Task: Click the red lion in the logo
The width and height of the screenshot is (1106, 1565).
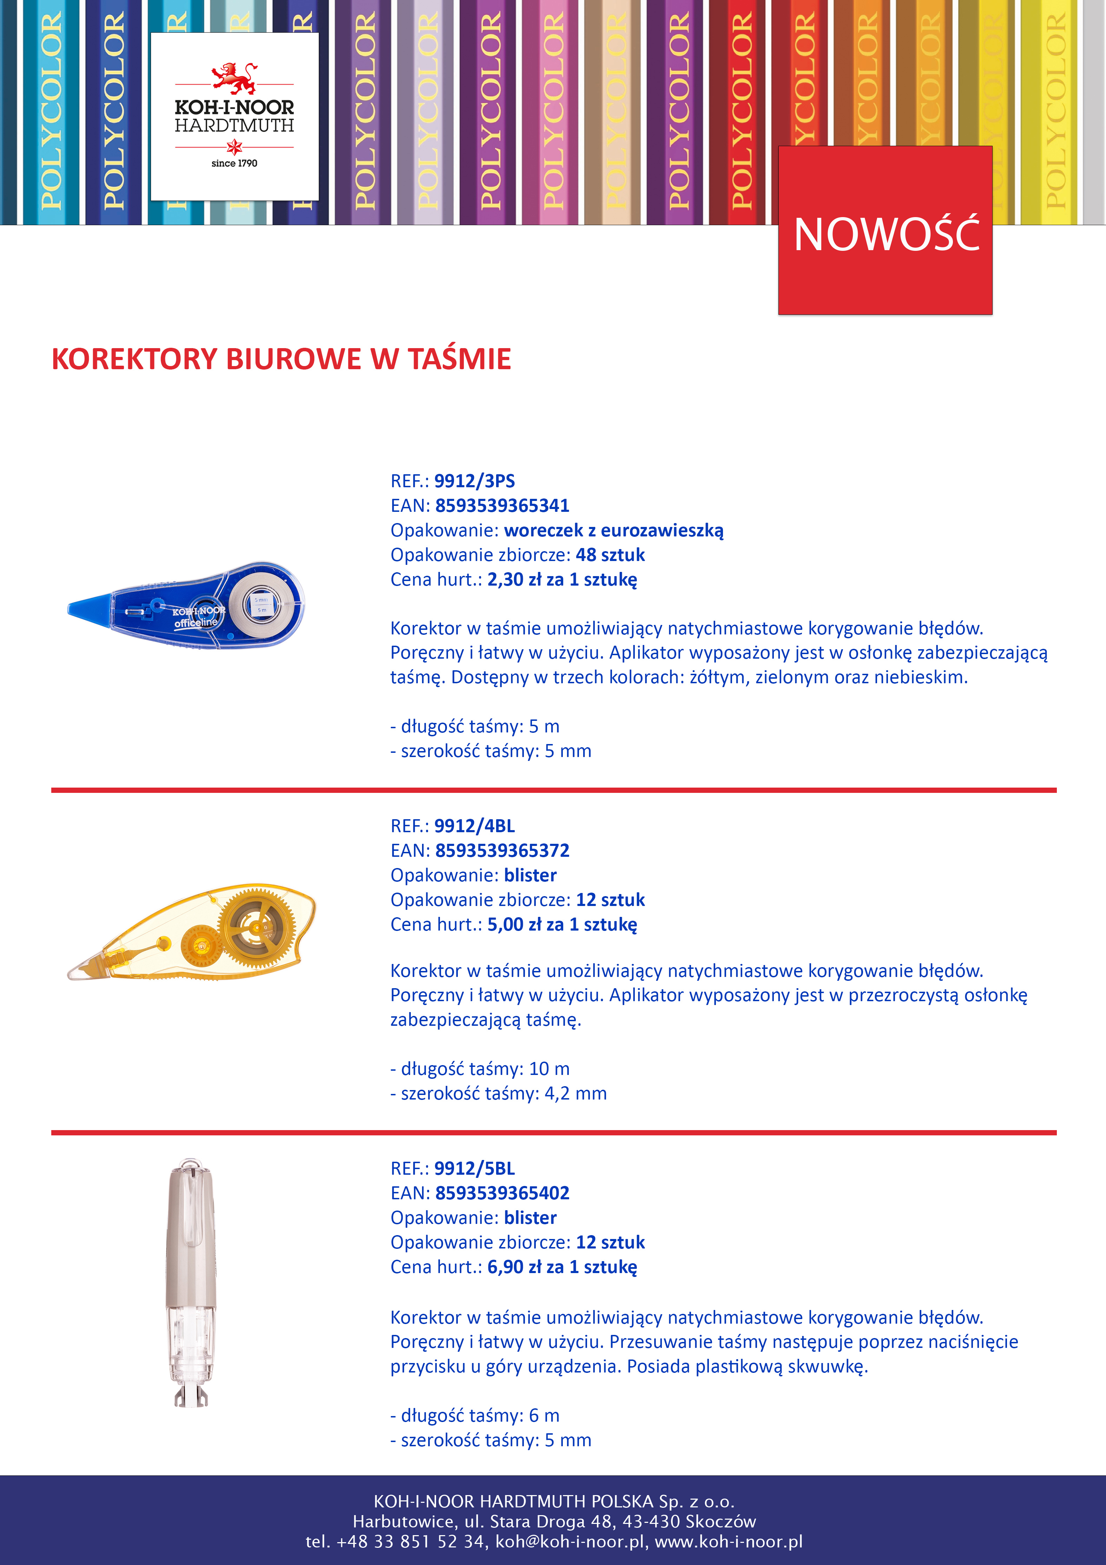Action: point(234,77)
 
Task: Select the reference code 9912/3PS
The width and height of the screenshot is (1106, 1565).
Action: point(474,481)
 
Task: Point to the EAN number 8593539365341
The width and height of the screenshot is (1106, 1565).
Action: point(502,506)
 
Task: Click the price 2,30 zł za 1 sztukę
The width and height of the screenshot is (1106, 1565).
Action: point(562,579)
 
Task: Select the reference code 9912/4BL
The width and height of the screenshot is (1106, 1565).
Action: point(474,826)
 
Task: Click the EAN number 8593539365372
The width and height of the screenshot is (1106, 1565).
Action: point(502,851)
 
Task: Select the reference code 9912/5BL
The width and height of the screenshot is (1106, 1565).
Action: point(474,1168)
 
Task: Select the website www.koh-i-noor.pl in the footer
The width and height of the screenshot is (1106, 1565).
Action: point(729,1542)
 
